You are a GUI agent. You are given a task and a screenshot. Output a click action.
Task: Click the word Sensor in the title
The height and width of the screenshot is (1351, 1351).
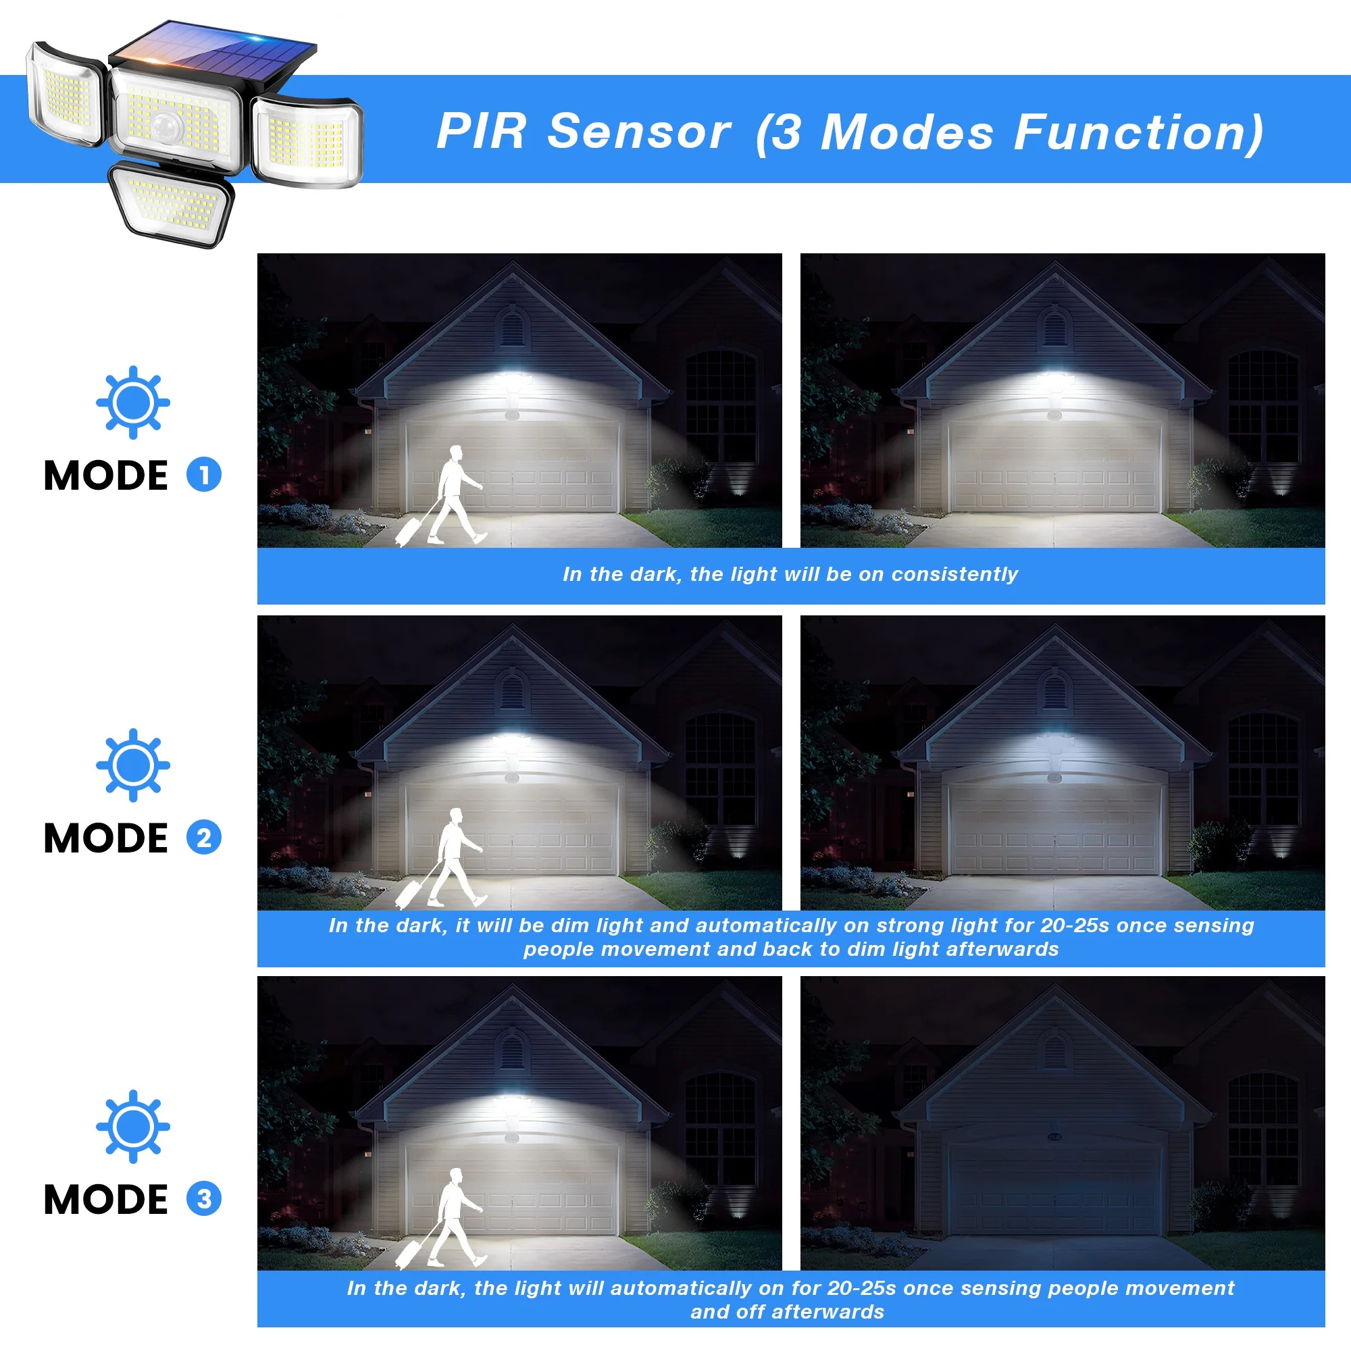639,132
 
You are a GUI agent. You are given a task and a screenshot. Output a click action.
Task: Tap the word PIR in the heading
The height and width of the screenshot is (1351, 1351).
480,132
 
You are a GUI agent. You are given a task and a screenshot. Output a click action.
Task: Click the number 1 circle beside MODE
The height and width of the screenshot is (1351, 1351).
203,475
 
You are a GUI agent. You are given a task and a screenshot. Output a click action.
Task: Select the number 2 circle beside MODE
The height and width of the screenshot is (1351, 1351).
203,837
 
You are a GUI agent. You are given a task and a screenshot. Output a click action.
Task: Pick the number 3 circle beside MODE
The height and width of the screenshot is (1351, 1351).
203,1198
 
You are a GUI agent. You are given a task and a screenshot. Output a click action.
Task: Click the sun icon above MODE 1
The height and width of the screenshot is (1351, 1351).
133,402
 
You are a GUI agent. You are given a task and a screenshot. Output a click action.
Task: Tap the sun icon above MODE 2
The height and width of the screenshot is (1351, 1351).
133,765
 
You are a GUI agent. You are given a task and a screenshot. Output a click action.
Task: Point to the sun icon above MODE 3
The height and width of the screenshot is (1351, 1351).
133,1126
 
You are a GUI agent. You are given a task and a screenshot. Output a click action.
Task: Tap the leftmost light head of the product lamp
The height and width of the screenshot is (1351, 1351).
66,95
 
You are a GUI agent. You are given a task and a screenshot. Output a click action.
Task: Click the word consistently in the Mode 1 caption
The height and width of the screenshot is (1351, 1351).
954,574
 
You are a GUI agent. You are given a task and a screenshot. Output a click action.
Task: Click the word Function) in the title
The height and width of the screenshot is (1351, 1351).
1138,133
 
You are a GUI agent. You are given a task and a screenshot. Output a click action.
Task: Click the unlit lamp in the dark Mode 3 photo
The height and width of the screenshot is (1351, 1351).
1054,1137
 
